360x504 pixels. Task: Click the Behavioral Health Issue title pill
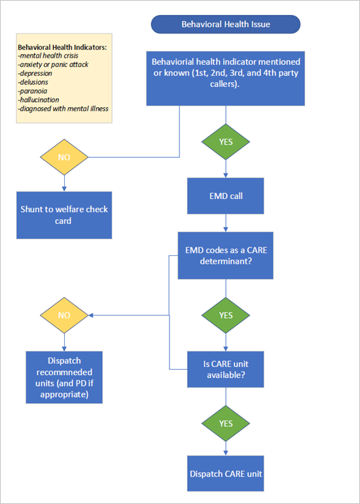(225, 25)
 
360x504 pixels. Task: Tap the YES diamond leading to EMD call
(226, 140)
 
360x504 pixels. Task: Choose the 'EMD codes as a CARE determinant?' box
(226, 256)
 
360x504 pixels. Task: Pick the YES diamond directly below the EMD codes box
(226, 315)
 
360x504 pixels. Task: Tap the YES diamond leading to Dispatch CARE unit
(226, 423)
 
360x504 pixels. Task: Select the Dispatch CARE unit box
(226, 473)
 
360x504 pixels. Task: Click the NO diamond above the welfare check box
(64, 157)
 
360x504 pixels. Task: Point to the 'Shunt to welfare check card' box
(64, 215)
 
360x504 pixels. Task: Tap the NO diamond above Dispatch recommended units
(64, 315)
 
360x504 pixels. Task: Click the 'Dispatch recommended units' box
(64, 378)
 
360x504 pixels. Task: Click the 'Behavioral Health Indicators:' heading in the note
(62, 48)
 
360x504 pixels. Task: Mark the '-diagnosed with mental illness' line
(63, 109)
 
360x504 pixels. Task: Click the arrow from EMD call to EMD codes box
(226, 223)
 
